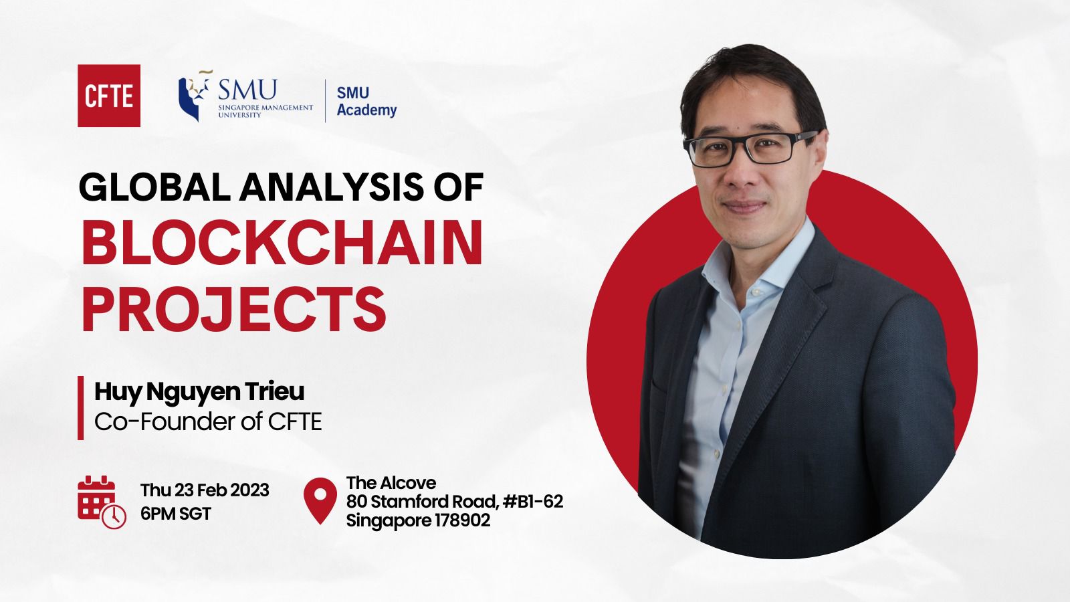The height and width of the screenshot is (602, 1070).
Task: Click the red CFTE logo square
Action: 109,96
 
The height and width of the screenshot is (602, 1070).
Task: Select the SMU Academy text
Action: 366,101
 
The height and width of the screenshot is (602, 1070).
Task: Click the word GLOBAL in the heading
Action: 154,187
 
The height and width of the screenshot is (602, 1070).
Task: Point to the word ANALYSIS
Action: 332,187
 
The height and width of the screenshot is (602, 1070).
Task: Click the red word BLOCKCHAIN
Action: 282,243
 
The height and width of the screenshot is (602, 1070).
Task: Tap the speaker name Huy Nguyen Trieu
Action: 199,392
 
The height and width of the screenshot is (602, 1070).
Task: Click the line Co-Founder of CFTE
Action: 208,422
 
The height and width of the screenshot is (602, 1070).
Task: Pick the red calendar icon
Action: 102,502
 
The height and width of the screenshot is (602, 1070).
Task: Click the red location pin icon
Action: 320,501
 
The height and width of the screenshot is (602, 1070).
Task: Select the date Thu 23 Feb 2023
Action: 205,491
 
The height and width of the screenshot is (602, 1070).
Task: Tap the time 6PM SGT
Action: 176,514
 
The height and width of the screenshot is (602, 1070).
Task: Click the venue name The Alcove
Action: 391,482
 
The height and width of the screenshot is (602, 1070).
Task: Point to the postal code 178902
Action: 462,520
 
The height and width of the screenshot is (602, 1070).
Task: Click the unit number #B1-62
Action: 533,502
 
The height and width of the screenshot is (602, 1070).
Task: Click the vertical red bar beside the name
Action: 81,407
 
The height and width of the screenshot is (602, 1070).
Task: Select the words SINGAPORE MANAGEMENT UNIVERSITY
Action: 265,111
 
